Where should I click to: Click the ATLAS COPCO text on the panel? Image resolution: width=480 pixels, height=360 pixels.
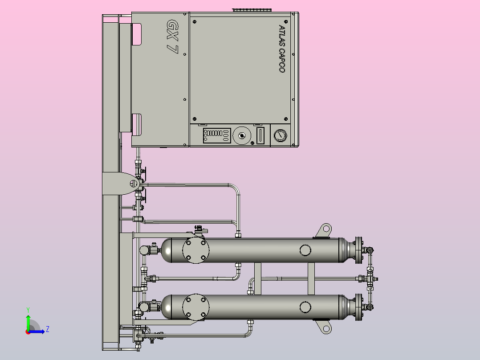pos(281,49)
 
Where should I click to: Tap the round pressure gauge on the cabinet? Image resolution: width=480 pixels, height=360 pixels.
pos(280,135)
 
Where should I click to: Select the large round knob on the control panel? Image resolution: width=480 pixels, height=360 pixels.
pos(242,135)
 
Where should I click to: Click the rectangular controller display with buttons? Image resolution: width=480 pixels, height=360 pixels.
pos(217,135)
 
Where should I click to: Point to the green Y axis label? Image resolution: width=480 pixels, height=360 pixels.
pos(28,310)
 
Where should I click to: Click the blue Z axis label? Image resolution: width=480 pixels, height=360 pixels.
pos(48,329)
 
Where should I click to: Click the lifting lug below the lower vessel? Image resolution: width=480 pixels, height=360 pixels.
pos(323,327)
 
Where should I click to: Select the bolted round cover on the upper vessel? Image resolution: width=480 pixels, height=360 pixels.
pos(196,250)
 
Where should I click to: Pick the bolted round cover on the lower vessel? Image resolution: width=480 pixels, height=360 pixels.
pos(196,307)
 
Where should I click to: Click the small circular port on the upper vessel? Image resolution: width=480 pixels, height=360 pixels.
pos(305,250)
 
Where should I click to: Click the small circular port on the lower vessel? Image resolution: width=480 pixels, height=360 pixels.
pos(305,307)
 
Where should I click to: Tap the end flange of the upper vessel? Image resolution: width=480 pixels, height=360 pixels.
pos(358,250)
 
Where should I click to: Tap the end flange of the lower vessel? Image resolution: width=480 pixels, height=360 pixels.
pos(358,307)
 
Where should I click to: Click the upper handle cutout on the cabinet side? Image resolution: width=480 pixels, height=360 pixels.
pos(137,34)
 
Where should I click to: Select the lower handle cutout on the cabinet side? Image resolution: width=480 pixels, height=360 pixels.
pos(137,125)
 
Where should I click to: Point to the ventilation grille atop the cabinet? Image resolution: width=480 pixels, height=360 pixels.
pos(252,10)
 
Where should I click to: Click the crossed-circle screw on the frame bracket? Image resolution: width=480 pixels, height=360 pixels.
pos(134,184)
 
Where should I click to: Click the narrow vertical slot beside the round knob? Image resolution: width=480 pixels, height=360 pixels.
pos(260,135)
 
